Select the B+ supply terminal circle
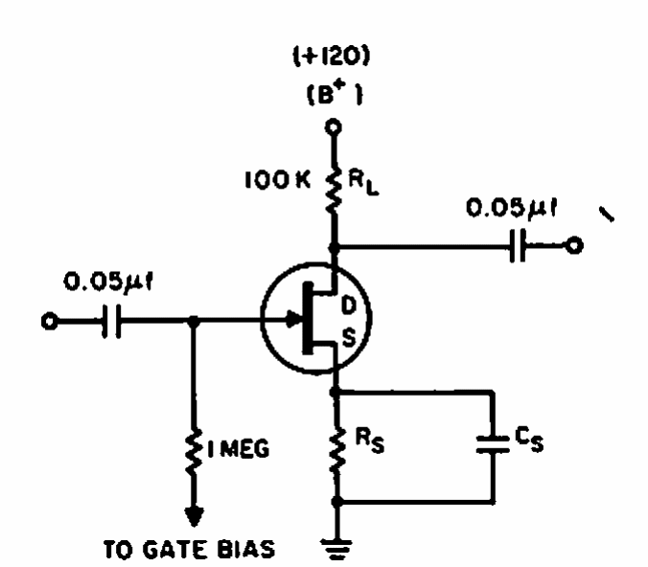[335, 125]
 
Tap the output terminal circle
[573, 246]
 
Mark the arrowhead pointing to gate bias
[197, 518]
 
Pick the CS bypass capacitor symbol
[493, 442]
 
